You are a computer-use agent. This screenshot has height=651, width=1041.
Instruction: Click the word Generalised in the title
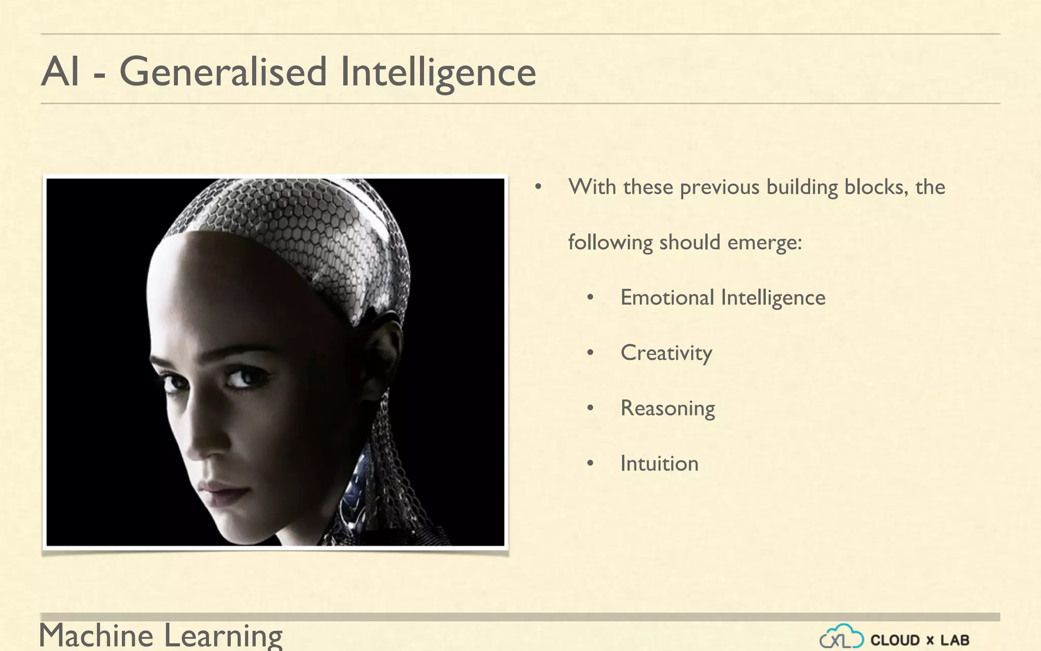point(223,72)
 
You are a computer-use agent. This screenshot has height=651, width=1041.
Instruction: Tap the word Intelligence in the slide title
point(438,72)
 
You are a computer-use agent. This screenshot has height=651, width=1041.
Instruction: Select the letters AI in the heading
point(60,72)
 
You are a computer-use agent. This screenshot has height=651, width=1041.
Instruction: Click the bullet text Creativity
point(666,353)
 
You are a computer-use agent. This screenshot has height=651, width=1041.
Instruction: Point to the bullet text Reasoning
point(667,408)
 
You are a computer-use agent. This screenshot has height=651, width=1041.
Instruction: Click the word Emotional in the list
point(667,298)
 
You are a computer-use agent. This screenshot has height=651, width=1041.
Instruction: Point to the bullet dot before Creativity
point(590,352)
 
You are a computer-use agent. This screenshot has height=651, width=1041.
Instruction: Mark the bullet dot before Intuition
point(590,463)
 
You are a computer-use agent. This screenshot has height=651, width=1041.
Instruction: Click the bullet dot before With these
point(538,187)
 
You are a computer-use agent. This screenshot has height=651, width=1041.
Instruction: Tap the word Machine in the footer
point(96,636)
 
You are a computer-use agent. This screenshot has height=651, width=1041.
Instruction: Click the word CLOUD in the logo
point(895,640)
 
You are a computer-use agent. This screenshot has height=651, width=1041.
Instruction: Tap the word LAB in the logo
point(955,640)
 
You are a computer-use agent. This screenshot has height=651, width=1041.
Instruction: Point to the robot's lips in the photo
point(224,491)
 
